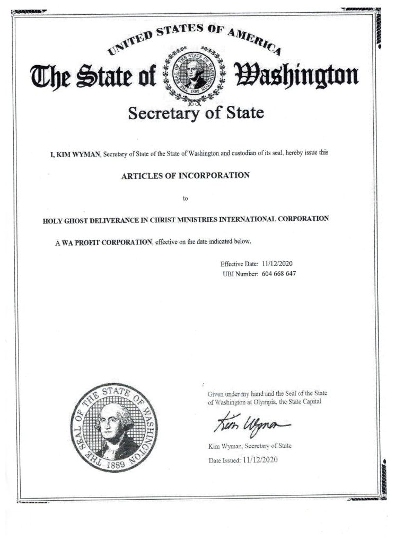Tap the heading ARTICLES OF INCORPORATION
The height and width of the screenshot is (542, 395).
pos(185,176)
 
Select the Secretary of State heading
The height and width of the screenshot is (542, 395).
pos(196,114)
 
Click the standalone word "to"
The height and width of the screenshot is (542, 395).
pos(186,199)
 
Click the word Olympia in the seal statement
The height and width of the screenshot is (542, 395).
pos(270,402)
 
